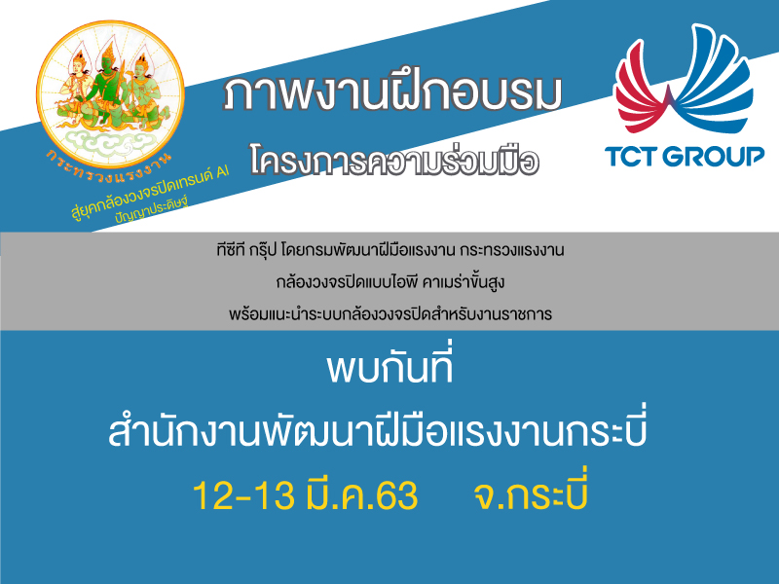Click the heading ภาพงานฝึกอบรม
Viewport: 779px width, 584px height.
[392, 93]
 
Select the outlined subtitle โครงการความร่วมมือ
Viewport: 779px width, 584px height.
[394, 160]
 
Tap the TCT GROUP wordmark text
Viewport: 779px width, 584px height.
[685, 157]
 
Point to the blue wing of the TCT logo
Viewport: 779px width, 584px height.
[716, 80]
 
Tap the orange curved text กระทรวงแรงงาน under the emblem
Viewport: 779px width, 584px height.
[108, 166]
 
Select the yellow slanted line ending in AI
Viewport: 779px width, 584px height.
[150, 193]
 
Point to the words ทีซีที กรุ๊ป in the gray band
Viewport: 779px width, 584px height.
[246, 249]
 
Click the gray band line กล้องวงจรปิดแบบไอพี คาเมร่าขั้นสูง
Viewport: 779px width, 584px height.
[390, 281]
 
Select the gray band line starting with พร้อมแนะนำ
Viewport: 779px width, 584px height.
[390, 313]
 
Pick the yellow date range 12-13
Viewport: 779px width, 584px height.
[242, 495]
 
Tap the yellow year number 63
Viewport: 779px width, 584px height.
[397, 495]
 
